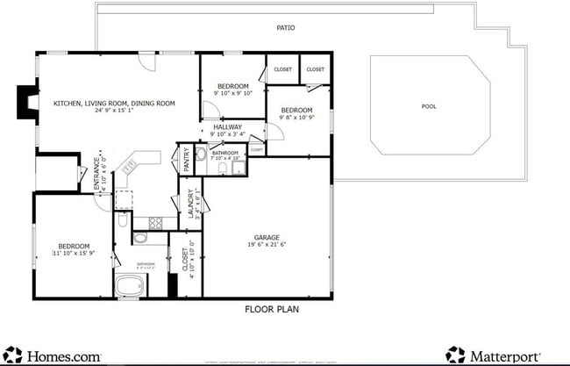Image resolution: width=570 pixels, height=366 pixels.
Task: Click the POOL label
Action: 429,106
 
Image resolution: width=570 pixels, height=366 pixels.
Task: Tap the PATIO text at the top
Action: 285,28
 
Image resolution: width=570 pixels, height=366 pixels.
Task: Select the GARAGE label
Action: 267,237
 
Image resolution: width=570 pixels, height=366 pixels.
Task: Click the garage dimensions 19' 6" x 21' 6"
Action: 267,246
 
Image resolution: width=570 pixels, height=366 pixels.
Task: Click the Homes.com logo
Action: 53,355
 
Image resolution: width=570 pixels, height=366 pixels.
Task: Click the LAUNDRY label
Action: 189,205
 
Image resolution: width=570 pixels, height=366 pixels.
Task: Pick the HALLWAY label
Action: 227,127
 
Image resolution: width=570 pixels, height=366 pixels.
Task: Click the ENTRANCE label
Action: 97,176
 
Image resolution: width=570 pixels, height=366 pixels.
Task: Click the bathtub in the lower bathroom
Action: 132,286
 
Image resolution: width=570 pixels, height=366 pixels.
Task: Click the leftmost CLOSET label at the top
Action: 282,68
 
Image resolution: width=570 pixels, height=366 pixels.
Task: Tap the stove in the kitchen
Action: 156,223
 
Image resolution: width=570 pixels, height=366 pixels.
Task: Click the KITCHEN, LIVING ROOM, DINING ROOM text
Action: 114,104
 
